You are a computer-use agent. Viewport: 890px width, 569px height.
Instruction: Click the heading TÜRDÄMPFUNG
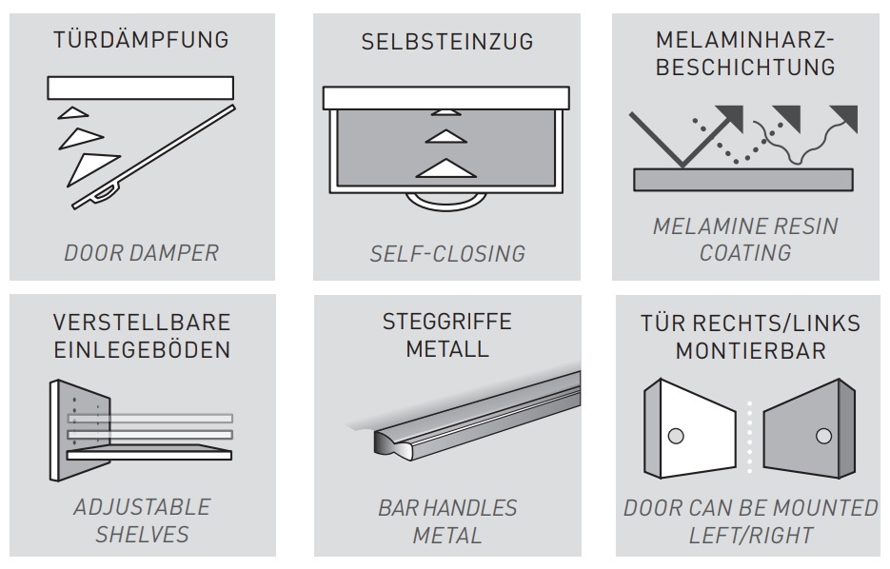click(x=141, y=40)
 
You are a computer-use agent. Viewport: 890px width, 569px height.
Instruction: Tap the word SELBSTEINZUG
click(x=447, y=42)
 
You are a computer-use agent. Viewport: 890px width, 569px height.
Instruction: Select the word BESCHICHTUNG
click(x=745, y=67)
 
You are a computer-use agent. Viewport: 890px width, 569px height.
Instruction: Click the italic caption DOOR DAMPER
click(x=141, y=253)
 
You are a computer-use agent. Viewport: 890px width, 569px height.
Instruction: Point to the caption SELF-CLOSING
click(x=447, y=254)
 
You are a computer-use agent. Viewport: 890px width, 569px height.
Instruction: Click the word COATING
click(x=745, y=252)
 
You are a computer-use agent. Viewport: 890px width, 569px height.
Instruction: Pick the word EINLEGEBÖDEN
click(x=142, y=349)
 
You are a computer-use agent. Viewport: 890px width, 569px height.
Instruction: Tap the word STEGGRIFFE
click(x=447, y=322)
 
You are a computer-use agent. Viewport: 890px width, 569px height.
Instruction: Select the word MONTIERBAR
click(x=750, y=350)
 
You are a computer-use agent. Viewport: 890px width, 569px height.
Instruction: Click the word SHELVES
click(x=142, y=535)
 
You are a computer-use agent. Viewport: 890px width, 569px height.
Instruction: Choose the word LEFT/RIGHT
click(x=751, y=535)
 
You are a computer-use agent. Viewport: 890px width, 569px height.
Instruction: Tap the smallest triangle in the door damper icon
click(x=71, y=113)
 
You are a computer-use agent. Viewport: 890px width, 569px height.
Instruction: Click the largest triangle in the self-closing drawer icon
click(x=446, y=169)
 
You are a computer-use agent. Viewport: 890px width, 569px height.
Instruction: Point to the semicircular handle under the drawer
click(x=446, y=203)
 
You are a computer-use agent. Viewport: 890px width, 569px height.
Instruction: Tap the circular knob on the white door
click(x=676, y=436)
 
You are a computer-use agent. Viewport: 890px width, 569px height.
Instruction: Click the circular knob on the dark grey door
click(x=823, y=436)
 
